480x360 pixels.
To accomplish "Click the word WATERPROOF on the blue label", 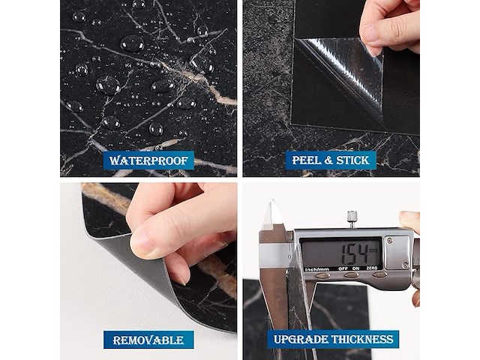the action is point(148,160).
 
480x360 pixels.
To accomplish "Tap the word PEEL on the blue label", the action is point(304,160).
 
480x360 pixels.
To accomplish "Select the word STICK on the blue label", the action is point(352,160).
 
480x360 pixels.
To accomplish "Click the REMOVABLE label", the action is point(148,340).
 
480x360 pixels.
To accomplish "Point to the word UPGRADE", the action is point(300,340).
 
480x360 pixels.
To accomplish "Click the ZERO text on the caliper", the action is point(372,268).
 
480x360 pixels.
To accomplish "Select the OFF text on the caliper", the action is point(343,268).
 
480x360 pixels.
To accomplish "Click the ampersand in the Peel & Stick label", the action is point(327,160).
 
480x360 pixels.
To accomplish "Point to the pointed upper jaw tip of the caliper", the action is point(272,200).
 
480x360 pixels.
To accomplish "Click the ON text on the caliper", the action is point(355,268).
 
